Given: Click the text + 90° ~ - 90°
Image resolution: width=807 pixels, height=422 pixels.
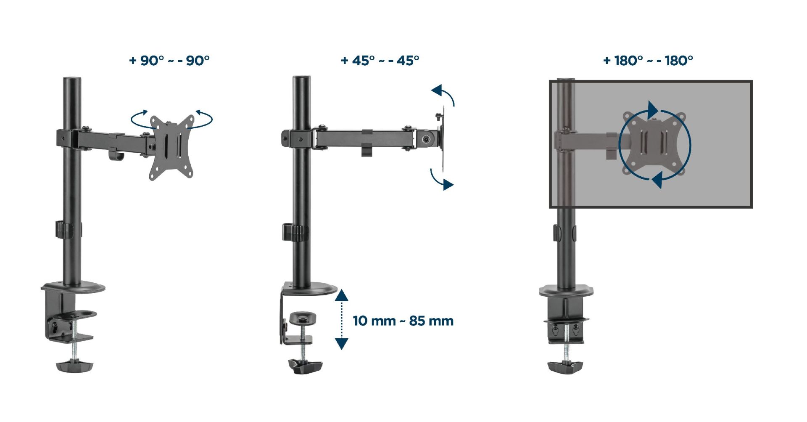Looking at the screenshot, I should [169, 61].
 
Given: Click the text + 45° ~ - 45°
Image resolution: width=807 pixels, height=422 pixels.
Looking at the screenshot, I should [380, 61].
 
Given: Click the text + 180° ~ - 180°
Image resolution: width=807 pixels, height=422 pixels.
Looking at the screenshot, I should [648, 61].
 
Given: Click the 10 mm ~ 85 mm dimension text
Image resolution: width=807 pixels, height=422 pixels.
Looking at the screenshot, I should [403, 321].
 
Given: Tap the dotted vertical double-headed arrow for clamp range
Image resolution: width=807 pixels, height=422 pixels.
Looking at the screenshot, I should [341, 319].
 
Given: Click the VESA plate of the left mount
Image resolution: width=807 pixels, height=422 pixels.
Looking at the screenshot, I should [172, 147].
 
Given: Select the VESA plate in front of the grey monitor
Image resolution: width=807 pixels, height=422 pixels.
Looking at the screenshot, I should [654, 143].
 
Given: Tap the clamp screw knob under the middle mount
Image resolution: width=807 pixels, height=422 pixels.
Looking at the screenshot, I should [305, 366].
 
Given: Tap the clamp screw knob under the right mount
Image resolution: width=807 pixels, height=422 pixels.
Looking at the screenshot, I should [566, 367].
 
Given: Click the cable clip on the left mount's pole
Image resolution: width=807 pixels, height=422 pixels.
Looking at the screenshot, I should [63, 230].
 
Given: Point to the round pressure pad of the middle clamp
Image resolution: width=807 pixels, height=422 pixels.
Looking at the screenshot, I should [303, 317].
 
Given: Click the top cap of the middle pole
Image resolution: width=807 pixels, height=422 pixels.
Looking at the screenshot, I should [301, 79].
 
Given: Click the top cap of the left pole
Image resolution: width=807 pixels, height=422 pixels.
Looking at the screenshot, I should [72, 80].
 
